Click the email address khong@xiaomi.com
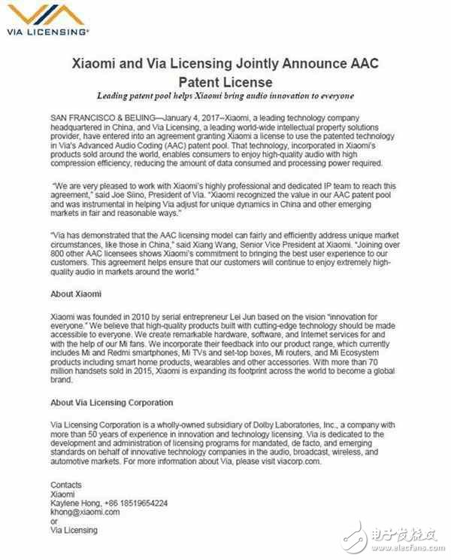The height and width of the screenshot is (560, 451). click(85, 512)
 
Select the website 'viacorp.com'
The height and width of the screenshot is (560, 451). click(308, 461)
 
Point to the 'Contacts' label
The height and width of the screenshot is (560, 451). click(66, 485)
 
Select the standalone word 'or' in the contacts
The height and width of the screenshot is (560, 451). click(53, 521)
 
